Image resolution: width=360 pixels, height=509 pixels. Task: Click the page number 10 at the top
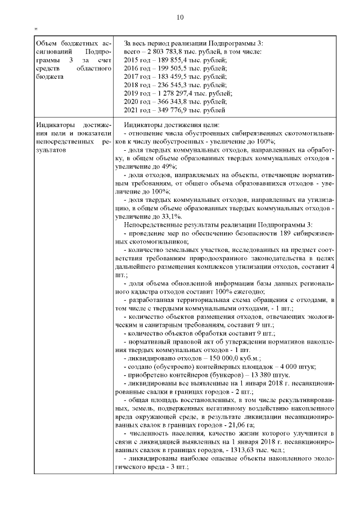pyautogui.click(x=180, y=17)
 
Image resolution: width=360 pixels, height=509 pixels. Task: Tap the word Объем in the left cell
pyautogui.click(x=46, y=43)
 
